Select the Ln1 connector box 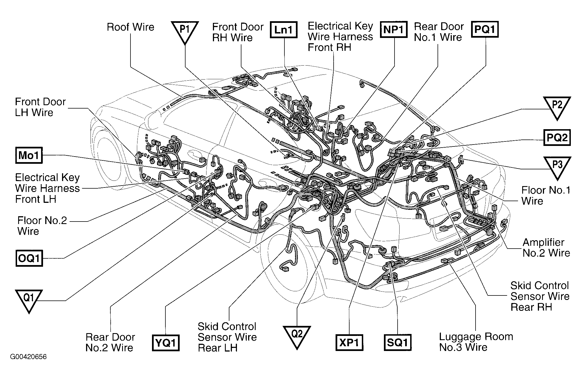[x=283, y=30]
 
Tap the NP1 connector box [x=393, y=30]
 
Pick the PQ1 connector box [x=485, y=29]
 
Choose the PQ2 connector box [x=557, y=138]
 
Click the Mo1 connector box [x=29, y=155]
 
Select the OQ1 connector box [x=29, y=258]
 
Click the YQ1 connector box [x=166, y=343]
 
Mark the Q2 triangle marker [x=297, y=336]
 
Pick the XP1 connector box [x=349, y=343]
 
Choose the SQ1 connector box [x=397, y=342]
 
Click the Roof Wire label [x=130, y=27]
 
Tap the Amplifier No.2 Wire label [x=546, y=247]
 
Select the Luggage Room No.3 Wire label [x=476, y=342]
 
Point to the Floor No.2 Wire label [x=42, y=226]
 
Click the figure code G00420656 [x=28, y=357]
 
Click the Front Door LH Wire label [x=40, y=107]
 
